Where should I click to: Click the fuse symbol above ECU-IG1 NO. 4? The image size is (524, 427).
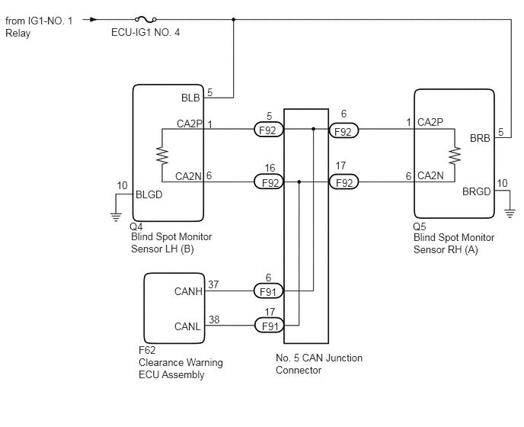point(142,19)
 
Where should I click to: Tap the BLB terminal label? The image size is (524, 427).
point(190,98)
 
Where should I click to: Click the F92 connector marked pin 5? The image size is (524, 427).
point(268,130)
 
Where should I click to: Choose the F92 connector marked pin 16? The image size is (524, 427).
point(268,182)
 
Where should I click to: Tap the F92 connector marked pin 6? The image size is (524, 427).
point(344,130)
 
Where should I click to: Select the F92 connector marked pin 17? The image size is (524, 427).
point(344,182)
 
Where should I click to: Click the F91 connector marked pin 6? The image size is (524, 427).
point(268,291)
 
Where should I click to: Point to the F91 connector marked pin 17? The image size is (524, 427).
point(268,325)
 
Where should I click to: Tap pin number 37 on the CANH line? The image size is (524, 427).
point(214,284)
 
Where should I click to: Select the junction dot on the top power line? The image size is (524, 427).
point(233,19)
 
